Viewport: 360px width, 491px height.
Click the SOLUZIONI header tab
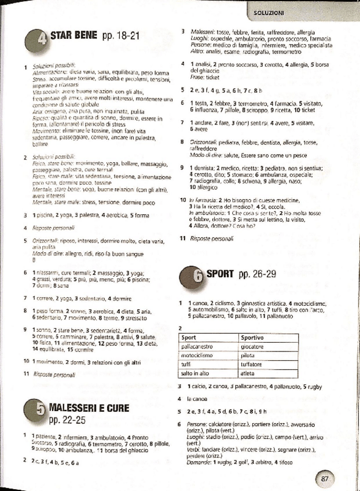pyautogui.click(x=268, y=11)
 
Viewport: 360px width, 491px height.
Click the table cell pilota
pyautogui.click(x=249, y=356)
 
